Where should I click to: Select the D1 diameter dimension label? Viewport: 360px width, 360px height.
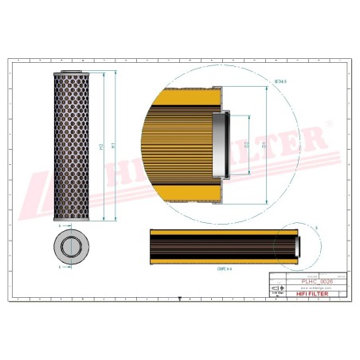pos(265,147)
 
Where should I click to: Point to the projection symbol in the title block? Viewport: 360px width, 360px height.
pos(276,288)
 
